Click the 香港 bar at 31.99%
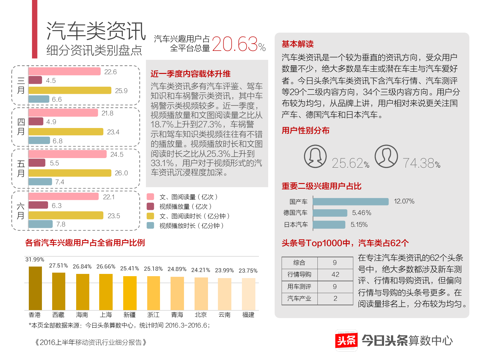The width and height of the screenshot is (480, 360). [x=35, y=288]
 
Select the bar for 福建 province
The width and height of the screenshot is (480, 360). [x=248, y=294]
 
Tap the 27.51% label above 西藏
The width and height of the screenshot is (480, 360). [x=58, y=266]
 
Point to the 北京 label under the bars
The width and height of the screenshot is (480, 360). [x=201, y=315]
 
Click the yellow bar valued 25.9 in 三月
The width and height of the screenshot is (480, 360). [x=70, y=91]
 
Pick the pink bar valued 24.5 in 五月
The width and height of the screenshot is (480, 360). [x=68, y=154]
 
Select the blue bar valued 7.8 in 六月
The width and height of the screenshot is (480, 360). [x=41, y=224]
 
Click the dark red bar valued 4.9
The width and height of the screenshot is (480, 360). [x=36, y=122]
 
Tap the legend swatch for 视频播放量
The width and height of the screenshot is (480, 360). [x=150, y=206]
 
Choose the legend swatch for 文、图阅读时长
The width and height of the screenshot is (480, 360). [x=150, y=216]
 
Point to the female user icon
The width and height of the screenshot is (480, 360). [x=315, y=156]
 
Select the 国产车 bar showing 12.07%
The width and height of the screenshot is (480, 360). [x=351, y=201]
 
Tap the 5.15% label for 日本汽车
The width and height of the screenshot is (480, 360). [x=359, y=225]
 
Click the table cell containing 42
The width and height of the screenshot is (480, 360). [x=335, y=274]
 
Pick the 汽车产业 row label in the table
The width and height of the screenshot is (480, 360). [x=299, y=299]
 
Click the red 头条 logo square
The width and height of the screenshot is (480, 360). [x=346, y=340]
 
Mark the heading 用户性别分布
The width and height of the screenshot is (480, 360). [x=306, y=131]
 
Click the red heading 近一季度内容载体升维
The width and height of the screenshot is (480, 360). [x=190, y=74]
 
